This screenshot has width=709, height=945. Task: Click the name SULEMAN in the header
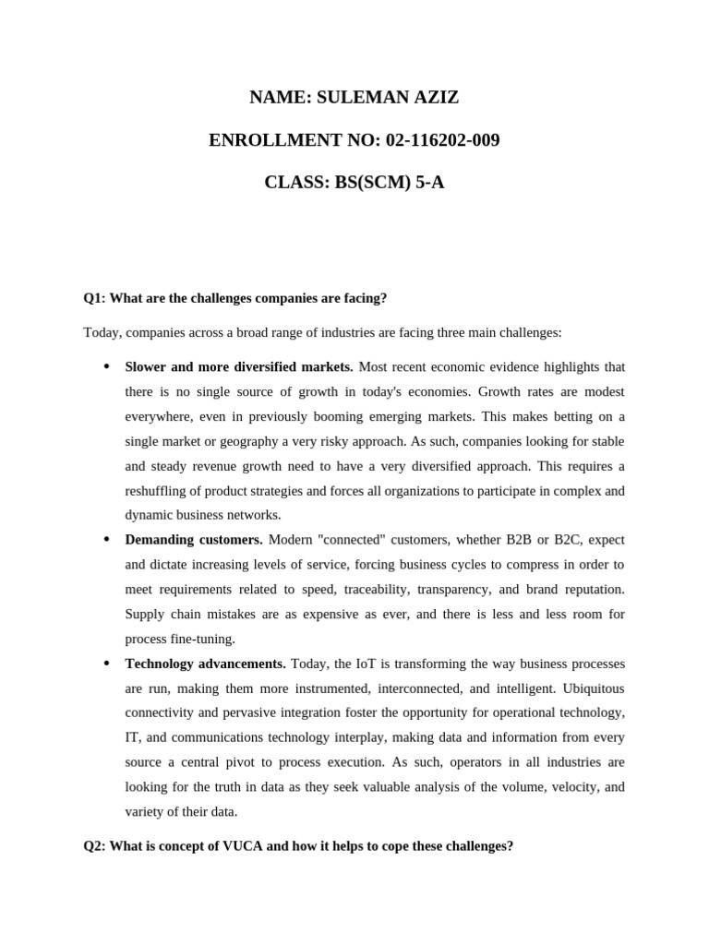[x=365, y=99]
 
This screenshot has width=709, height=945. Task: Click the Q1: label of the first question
[x=95, y=298]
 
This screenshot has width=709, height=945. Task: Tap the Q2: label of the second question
[x=95, y=845]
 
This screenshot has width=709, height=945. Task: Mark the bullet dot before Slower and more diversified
[x=106, y=366]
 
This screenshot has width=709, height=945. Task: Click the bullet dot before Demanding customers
[x=106, y=539]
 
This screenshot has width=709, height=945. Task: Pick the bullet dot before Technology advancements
[x=106, y=664]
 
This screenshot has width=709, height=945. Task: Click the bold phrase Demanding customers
[x=194, y=540]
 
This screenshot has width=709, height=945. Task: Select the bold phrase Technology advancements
[x=205, y=664]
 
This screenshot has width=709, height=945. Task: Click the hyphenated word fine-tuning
[x=203, y=640]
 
